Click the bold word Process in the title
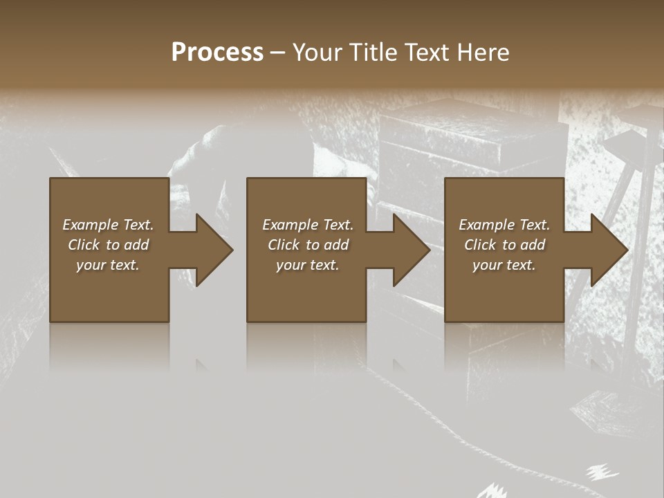click(x=217, y=53)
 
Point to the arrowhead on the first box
click(x=212, y=250)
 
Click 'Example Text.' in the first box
click(x=108, y=225)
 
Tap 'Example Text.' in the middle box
click(x=308, y=225)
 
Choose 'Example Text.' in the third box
click(x=504, y=225)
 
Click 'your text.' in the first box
click(x=108, y=265)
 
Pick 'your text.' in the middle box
click(x=308, y=265)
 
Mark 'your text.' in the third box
click(x=504, y=265)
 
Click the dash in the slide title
click(x=277, y=53)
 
